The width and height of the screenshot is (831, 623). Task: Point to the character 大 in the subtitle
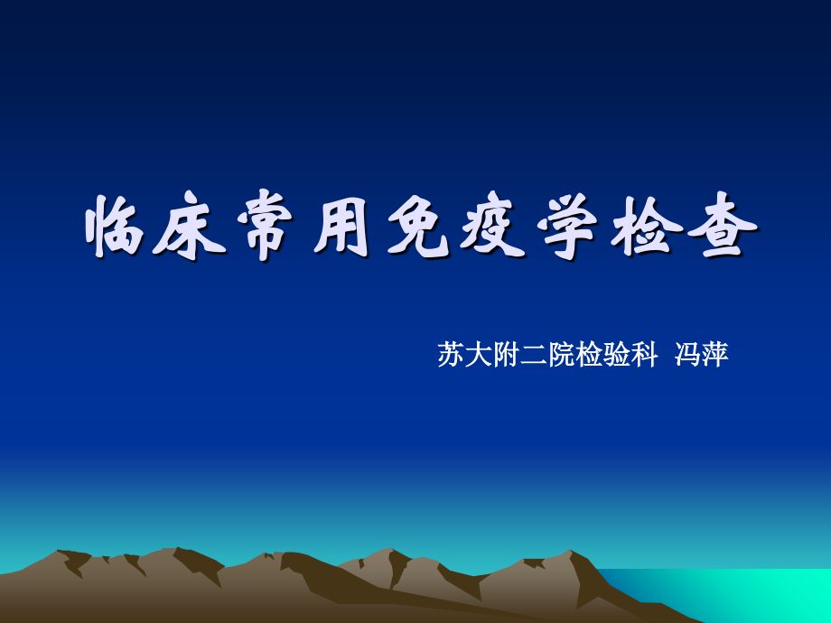[x=479, y=355]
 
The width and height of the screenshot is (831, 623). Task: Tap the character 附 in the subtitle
[x=507, y=355]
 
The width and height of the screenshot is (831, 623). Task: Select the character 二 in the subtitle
[x=535, y=355]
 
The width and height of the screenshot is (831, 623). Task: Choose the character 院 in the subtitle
[x=563, y=355]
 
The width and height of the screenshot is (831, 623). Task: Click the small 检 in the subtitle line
[x=591, y=355]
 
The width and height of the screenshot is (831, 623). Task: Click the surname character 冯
[x=687, y=355]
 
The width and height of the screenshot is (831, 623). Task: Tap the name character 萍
[x=715, y=355]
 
